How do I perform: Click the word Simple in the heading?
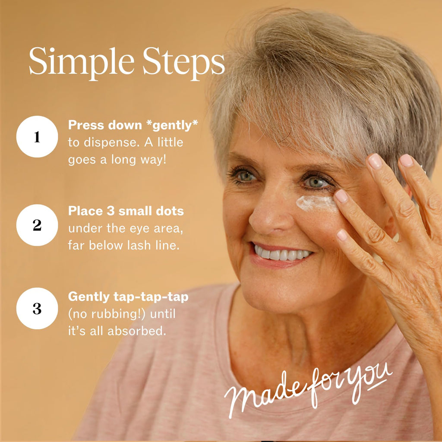coord(82,62)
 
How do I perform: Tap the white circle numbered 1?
coord(37,137)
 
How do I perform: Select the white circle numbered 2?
coord(37,225)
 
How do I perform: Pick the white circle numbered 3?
coord(37,308)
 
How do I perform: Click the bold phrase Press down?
coord(105,125)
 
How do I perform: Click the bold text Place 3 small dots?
coord(126,211)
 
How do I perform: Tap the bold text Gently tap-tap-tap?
coord(128,297)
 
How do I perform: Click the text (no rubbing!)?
coord(107,314)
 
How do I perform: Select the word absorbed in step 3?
coord(137,331)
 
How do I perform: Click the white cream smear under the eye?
coord(316,202)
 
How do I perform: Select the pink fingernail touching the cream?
coord(341,196)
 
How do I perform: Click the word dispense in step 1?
coord(112,143)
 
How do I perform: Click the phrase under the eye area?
coord(126,228)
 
